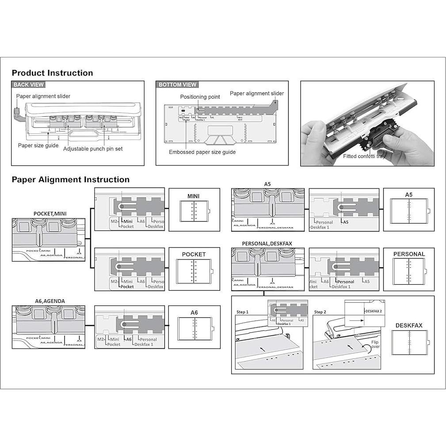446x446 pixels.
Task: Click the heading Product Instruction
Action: click(52, 73)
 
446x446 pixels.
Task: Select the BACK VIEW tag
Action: click(29, 84)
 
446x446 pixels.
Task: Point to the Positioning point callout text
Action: click(200, 97)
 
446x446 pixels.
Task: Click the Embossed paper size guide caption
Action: click(202, 152)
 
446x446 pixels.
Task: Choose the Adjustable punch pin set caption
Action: click(93, 149)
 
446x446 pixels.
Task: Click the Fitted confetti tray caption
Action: click(364, 156)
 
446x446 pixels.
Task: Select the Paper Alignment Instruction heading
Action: click(71, 179)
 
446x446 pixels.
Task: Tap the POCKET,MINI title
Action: click(50, 213)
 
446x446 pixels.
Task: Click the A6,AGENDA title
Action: click(50, 301)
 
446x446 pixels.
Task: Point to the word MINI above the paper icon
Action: click(194, 196)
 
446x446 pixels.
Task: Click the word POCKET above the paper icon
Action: click(194, 254)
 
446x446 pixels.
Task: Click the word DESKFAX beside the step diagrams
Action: click(409, 325)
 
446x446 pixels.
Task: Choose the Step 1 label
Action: click(242, 312)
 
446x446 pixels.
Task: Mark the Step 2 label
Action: click(320, 312)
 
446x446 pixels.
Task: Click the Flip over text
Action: click(375, 344)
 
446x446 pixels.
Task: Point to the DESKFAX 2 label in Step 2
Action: click(374, 311)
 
